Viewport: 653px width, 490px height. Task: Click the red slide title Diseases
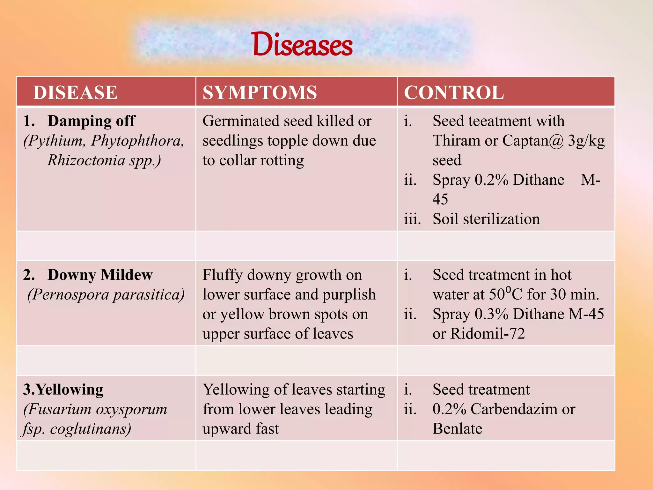click(x=302, y=45)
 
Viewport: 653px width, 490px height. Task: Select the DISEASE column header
click(x=75, y=93)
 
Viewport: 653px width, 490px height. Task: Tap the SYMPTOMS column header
click(x=260, y=93)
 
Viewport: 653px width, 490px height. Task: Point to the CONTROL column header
click(x=454, y=93)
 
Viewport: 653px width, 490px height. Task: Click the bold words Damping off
click(x=91, y=121)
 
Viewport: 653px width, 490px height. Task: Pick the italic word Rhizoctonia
click(x=86, y=160)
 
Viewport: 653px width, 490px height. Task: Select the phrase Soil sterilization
click(x=486, y=219)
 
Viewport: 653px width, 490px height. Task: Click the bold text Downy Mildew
click(x=100, y=275)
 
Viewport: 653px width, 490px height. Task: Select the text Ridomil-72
click(x=487, y=334)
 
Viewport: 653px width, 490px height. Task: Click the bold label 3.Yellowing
click(x=63, y=390)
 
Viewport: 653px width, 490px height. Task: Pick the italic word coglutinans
click(x=91, y=429)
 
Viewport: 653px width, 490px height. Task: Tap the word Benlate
click(x=457, y=429)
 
